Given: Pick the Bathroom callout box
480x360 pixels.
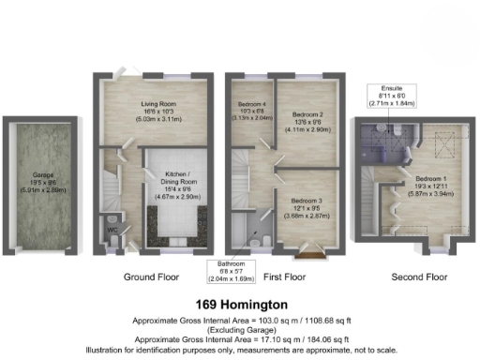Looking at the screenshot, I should pos(231,270).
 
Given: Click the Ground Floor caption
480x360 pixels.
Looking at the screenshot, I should pos(153,277).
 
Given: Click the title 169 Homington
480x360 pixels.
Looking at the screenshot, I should pos(240,305).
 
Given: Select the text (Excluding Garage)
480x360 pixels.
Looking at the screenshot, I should pos(240,329).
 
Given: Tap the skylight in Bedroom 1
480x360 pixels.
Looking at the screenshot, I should pos(440,140).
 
